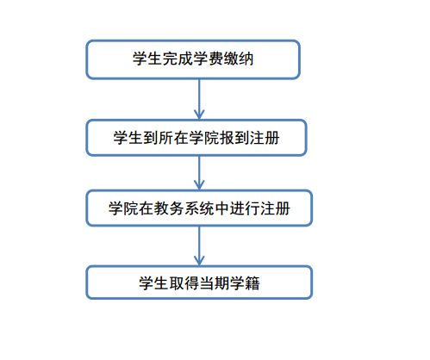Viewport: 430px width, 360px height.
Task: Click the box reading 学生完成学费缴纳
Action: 193,59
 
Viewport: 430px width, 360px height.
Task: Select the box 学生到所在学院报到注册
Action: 196,138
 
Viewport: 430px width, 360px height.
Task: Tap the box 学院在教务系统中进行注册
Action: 199,208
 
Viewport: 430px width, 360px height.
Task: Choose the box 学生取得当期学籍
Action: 199,282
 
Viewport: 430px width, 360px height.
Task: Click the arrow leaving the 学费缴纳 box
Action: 199,99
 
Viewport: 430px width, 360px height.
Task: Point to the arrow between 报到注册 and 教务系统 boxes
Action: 199,173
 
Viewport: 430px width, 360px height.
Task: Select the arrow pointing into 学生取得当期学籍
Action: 199,245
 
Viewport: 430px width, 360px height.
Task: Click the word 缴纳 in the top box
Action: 239,59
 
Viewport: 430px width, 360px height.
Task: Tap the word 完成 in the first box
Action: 178,59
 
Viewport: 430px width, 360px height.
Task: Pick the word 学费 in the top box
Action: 209,59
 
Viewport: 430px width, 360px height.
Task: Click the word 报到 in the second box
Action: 234,138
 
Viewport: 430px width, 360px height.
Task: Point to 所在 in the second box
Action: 173,138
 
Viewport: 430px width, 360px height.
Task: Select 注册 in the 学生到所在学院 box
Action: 265,138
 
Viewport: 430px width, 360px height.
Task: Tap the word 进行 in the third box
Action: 245,208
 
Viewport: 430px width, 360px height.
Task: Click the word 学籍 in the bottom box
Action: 245,283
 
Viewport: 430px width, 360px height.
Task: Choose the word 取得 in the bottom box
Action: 184,283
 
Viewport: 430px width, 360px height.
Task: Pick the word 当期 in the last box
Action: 215,283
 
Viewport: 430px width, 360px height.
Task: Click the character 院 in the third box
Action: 131,208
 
